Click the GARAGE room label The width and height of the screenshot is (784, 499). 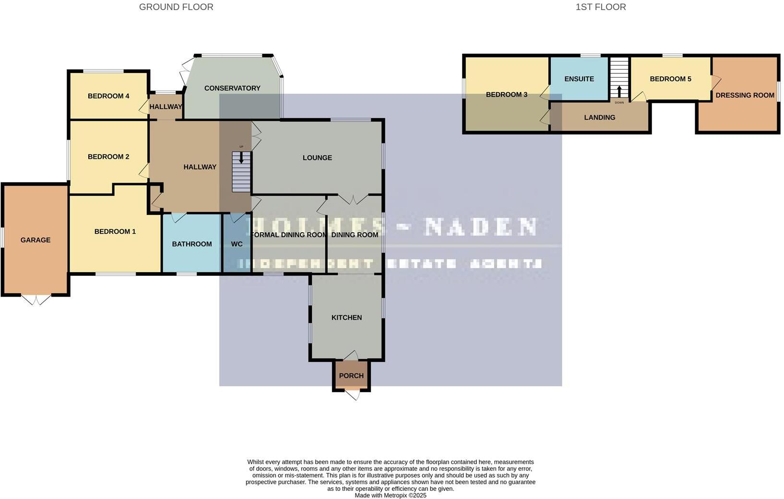coord(36,240)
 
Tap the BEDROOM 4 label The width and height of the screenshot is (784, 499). coord(108,96)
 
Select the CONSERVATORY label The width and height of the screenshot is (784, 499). coord(232,88)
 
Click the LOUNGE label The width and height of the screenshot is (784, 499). coord(317,158)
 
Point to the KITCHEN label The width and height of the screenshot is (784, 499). coord(346,318)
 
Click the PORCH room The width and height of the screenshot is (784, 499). coord(351,376)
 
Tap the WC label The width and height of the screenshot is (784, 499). coord(237,244)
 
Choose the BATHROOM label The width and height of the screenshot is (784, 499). coord(192,244)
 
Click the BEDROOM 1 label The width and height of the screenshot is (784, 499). coord(115,232)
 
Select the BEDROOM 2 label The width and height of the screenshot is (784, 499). coord(108,157)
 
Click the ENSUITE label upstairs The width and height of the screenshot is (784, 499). coord(579,79)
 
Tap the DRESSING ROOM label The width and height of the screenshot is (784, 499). coord(745,95)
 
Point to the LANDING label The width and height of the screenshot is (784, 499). coord(599,118)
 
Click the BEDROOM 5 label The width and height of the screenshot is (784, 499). coord(670,79)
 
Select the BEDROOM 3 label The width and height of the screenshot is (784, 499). coord(507,95)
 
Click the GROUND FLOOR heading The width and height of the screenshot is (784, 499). coord(176,7)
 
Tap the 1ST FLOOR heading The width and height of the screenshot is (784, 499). coord(601,7)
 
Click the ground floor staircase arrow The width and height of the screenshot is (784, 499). coord(241,158)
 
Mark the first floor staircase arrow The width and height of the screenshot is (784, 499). coord(619,91)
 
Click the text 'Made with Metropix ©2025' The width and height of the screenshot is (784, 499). coord(391,496)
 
